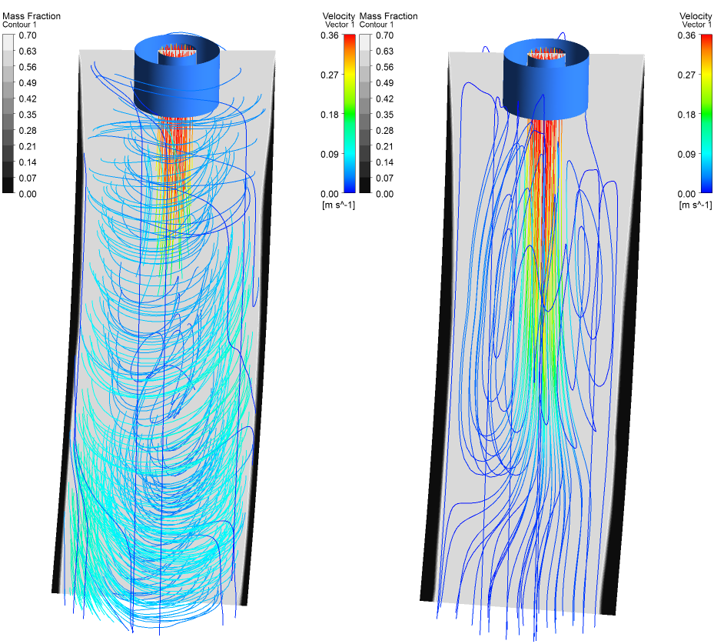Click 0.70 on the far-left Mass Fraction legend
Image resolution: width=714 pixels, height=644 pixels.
point(27,35)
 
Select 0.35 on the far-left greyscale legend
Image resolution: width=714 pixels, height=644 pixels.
point(27,115)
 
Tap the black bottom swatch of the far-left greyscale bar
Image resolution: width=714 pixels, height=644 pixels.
point(8,185)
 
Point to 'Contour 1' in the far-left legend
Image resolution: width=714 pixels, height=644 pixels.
point(21,25)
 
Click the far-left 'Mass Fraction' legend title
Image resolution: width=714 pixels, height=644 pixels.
point(32,16)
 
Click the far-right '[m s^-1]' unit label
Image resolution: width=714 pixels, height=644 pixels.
point(694,205)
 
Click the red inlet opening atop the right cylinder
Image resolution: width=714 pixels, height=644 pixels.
point(546,53)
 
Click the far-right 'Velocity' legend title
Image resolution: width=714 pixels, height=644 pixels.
point(696,16)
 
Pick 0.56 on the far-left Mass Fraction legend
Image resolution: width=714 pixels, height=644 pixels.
point(27,67)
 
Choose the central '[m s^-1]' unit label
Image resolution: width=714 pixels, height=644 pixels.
point(337,205)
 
